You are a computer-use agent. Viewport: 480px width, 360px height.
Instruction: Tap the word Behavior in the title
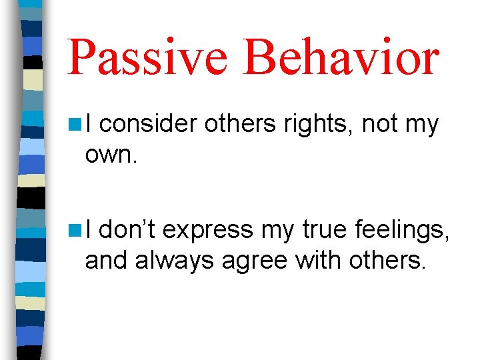point(341,57)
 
